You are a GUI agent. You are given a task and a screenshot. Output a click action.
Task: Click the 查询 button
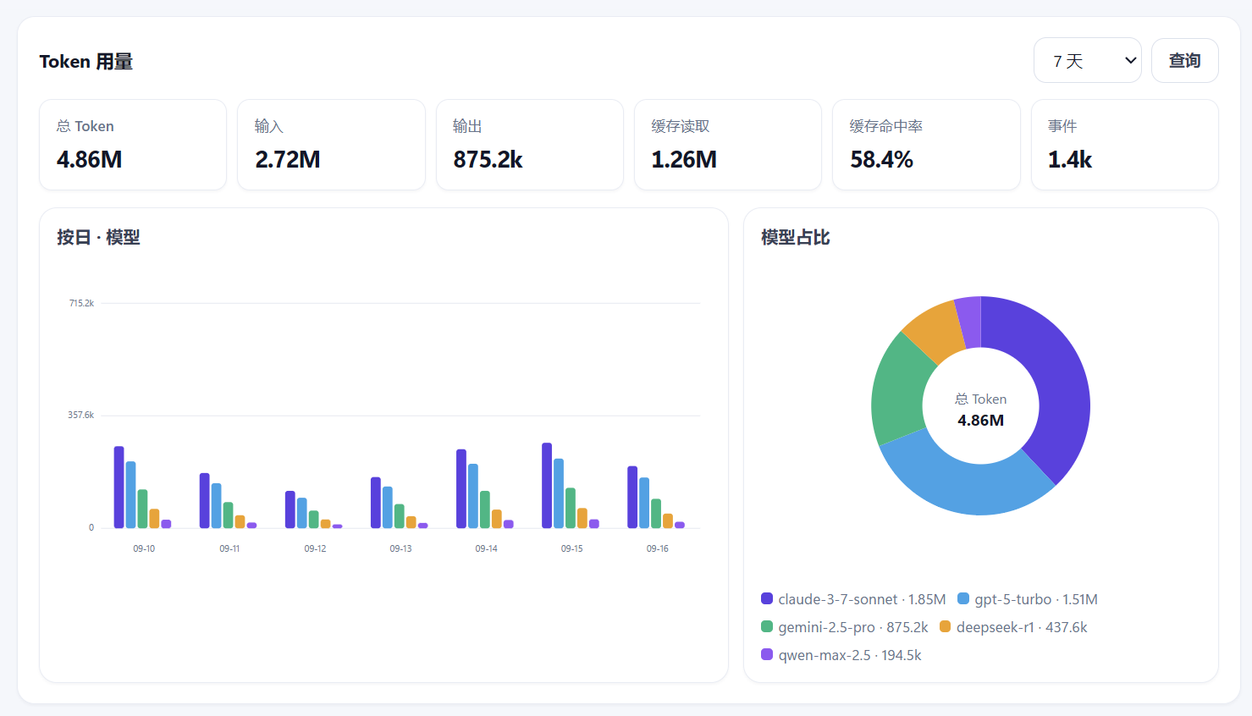pos(1184,60)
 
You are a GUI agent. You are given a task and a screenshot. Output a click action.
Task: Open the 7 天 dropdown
pos(1087,60)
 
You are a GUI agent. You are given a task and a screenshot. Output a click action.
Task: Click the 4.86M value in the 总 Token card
pos(89,160)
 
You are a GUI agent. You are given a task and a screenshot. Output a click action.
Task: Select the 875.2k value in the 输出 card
pos(488,160)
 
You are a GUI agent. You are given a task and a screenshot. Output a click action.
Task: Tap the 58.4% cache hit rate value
pos(881,160)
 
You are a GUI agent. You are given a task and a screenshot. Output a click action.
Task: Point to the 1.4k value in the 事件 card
pos(1069,160)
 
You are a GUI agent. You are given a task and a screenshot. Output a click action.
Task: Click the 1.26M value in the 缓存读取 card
pos(684,160)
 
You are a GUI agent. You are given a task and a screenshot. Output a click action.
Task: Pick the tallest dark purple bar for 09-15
pos(547,486)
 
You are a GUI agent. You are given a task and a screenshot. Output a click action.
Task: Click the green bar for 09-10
pos(142,509)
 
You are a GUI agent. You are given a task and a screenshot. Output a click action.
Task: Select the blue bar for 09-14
pos(473,496)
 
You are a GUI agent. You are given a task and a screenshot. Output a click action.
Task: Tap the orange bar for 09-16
pos(667,521)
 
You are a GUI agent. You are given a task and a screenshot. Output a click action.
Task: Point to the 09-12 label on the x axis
pos(315,549)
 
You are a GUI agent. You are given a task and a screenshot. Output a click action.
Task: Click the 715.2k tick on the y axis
pos(81,303)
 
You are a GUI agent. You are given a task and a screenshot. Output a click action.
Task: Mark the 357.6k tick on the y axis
pos(81,415)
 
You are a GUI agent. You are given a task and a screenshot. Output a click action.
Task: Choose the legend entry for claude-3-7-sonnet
pos(853,599)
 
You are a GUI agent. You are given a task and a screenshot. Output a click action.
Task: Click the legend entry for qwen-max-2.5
pos(841,655)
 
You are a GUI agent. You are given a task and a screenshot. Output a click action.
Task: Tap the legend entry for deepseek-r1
pos(1013,627)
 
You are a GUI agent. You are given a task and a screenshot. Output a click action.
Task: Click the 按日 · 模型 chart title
pos(98,238)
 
